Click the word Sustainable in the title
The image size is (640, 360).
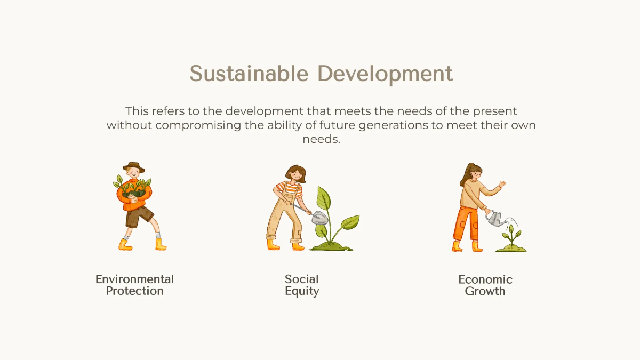(x=249, y=74)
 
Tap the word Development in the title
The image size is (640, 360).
(x=385, y=74)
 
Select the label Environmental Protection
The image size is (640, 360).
(x=135, y=285)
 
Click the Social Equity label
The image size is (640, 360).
(x=302, y=285)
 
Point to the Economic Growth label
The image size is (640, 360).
(x=485, y=285)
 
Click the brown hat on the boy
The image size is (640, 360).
(x=133, y=166)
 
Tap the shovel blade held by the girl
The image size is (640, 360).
(x=318, y=217)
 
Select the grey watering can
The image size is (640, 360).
(x=495, y=217)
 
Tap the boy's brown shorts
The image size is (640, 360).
(x=138, y=216)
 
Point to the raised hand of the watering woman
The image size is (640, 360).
(x=501, y=184)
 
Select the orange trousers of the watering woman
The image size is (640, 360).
(x=466, y=224)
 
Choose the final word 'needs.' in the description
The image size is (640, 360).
(x=321, y=140)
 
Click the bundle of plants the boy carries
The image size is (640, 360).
(x=133, y=188)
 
